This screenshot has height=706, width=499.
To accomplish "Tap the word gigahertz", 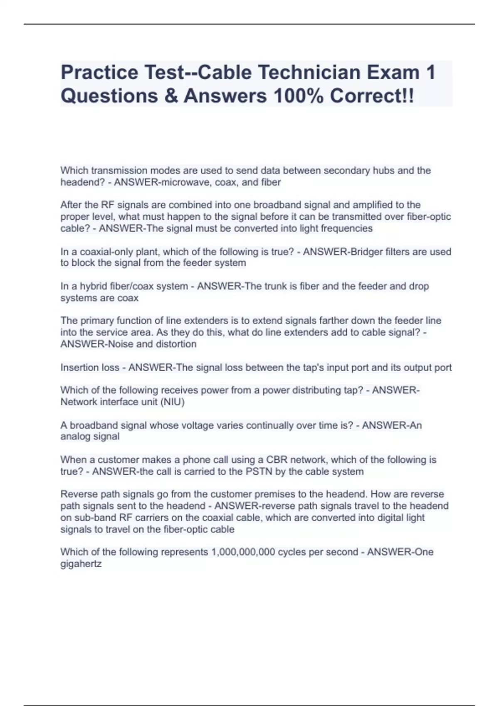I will click(81, 564).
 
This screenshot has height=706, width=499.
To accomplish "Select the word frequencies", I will click(347, 228).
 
